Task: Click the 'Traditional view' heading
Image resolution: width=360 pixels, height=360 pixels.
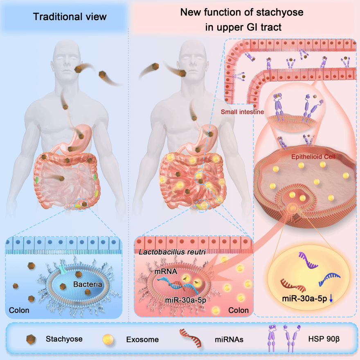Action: coord(70,17)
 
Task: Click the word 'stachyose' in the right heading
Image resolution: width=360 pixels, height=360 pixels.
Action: coord(280,13)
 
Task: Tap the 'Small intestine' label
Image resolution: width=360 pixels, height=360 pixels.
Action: coord(242,112)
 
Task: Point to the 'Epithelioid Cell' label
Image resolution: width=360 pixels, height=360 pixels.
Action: coord(313,157)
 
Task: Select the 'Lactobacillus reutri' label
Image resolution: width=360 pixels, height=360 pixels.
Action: coord(172,252)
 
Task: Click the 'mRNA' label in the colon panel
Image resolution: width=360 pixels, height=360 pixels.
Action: coord(166,272)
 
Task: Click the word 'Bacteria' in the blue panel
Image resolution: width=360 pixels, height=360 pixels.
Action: coord(88,284)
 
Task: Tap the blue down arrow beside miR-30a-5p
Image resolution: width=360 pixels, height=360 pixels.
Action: coord(331,298)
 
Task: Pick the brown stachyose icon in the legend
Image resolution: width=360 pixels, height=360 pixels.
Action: coord(31,339)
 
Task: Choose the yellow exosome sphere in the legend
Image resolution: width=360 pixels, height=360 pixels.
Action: coord(108,339)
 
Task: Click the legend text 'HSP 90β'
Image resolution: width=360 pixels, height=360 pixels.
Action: coord(324,339)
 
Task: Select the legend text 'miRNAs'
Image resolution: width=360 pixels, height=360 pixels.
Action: coord(229,340)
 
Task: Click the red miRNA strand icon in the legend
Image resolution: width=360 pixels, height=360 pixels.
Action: coord(191,338)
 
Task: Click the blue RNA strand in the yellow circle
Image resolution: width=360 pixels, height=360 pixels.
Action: coord(329,279)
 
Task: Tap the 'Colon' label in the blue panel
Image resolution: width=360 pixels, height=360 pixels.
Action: coord(19,310)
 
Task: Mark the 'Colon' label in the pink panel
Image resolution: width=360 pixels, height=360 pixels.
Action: coord(239,310)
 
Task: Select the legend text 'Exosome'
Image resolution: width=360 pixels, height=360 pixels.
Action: coord(142,340)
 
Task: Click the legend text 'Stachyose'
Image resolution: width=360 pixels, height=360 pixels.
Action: coord(64,339)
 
